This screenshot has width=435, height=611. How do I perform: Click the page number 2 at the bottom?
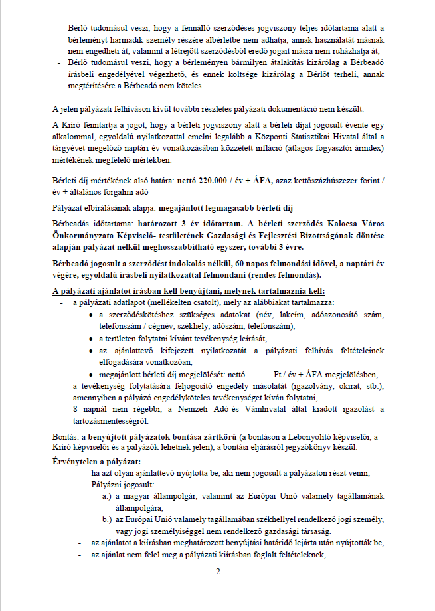[x=217, y=572]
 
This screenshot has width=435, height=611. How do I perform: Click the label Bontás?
[x=65, y=436]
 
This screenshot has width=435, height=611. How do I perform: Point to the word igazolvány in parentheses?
[x=305, y=386]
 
